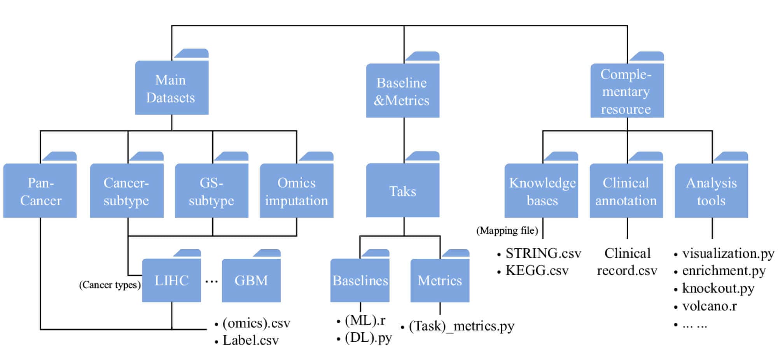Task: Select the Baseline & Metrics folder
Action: tap(402, 91)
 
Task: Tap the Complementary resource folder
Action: tap(627, 91)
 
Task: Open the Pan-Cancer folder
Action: tap(40, 191)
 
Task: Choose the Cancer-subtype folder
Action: tap(126, 191)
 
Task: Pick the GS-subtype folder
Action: tap(212, 191)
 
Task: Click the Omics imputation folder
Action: tap(296, 191)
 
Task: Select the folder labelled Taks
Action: tap(402, 191)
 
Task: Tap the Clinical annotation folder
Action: tap(626, 191)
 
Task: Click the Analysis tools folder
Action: tap(711, 191)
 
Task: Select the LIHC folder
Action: tap(171, 280)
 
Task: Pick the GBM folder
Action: tap(251, 280)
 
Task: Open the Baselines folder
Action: tap(360, 280)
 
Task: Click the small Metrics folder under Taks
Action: tap(440, 280)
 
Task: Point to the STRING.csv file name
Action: tap(543, 253)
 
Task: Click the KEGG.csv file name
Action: tap(537, 271)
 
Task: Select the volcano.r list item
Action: tap(709, 306)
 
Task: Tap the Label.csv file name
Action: tap(250, 341)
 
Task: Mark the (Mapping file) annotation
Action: tap(507, 231)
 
